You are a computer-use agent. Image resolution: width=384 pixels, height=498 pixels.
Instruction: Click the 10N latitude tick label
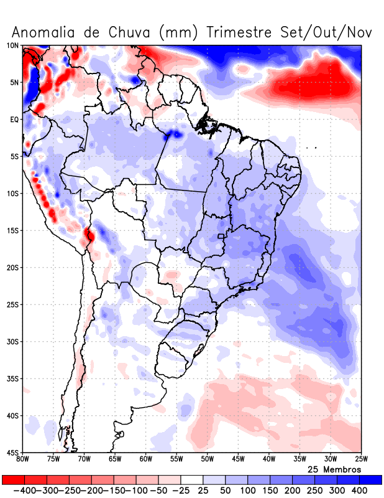(x=12, y=45)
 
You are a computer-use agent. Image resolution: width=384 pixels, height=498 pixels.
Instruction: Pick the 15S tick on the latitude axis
(x=12, y=230)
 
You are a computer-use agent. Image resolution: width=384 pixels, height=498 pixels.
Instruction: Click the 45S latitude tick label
(x=12, y=453)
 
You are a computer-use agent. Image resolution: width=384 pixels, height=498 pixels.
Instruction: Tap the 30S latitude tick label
(x=12, y=342)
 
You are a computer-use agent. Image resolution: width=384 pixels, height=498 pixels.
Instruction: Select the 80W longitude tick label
(x=22, y=459)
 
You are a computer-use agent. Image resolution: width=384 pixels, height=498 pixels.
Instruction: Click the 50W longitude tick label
(x=207, y=459)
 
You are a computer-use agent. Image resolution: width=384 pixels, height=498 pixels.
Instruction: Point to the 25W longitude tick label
(x=361, y=459)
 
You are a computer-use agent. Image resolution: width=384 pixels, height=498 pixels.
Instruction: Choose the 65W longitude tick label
(x=115, y=459)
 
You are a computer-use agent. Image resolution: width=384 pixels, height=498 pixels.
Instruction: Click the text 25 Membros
(x=334, y=469)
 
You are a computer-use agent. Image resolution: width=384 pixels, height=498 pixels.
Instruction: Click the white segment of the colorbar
(x=192, y=480)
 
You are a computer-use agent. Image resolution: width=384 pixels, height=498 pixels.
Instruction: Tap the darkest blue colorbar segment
(x=371, y=480)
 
